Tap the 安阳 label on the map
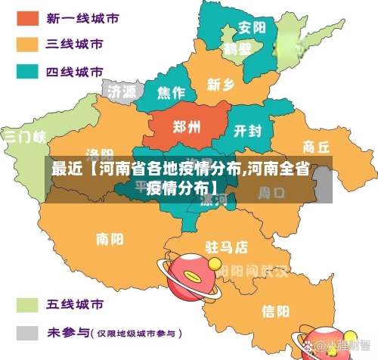pos(252,28)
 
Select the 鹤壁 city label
pos(237,49)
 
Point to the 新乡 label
pos(221,84)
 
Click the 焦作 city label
pos(171,93)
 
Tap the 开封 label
pos(247,131)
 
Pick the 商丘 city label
pos(315,146)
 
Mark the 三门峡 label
pos(24,137)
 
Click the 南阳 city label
pos(110,240)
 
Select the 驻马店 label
pos(226,247)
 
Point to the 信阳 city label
pos(274,310)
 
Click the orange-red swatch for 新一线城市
pos(27,17)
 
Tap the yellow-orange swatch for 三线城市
pos(27,45)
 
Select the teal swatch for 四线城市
pos(27,73)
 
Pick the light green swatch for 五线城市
pos(27,305)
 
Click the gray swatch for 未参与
pos(27,333)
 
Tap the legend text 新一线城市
pos(75,17)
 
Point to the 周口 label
pos(271,194)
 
